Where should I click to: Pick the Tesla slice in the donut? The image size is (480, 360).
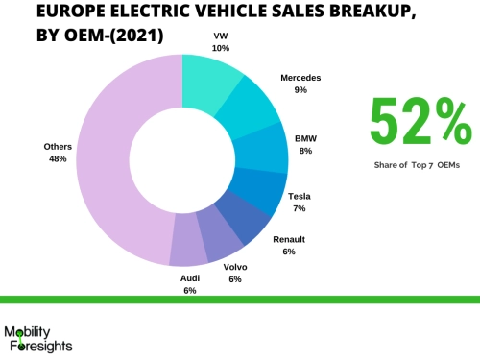click(260, 191)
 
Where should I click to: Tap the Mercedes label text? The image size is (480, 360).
click(300, 77)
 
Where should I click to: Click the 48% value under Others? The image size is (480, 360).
click(58, 158)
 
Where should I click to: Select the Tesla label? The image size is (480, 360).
click(299, 196)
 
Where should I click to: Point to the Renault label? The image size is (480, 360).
click(289, 239)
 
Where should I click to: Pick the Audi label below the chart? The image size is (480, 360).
click(189, 277)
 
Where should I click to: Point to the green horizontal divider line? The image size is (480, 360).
click(240, 300)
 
